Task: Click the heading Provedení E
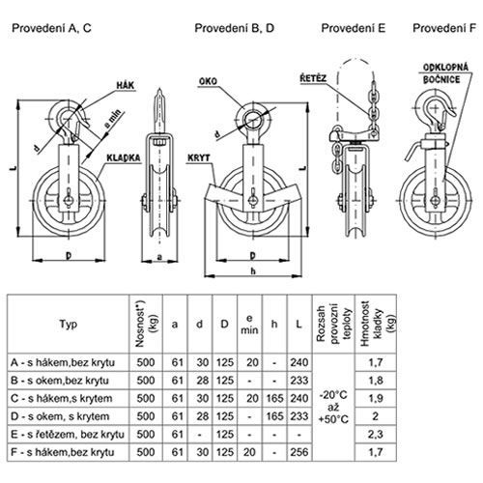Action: [354, 28]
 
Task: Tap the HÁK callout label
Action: [126, 86]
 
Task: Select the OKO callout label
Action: [208, 81]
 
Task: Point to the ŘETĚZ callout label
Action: [313, 78]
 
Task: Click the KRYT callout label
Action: [199, 157]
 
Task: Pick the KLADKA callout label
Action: [124, 157]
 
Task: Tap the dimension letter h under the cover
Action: [253, 271]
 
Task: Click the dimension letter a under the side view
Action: [159, 257]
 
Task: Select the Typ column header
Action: [69, 324]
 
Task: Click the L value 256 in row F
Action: [299, 452]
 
